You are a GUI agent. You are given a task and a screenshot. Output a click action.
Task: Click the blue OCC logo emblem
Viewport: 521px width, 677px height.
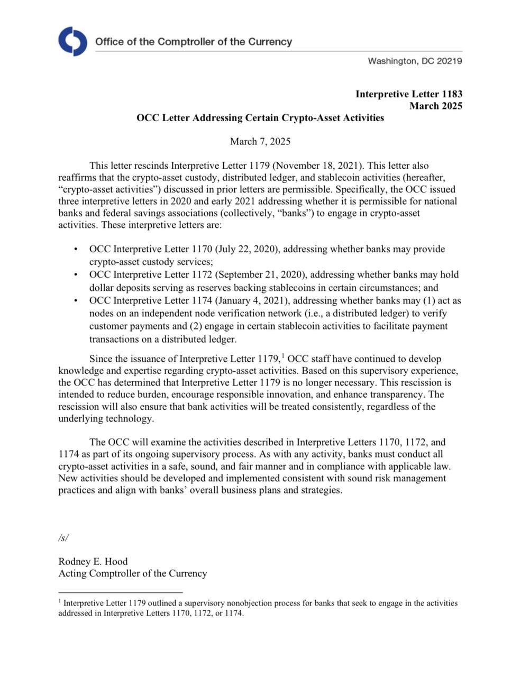72,41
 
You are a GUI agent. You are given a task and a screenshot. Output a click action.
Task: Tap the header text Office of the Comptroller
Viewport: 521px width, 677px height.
193,42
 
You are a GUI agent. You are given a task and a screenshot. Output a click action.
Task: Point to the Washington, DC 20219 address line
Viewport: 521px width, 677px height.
415,61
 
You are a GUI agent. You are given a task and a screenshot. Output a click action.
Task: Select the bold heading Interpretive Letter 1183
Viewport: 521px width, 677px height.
408,94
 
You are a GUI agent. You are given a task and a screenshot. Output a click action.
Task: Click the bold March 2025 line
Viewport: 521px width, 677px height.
435,106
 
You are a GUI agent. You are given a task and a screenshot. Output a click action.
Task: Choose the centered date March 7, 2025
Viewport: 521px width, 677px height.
260,141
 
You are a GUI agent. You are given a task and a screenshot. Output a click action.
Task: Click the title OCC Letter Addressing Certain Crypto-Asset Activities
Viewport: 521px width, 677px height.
260,117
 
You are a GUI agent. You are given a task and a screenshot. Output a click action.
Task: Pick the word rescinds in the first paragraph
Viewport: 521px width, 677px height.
150,166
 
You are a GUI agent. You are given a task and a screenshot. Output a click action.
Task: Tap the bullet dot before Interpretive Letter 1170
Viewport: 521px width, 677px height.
77,249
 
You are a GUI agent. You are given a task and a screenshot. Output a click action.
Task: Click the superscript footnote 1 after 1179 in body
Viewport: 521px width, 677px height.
284,355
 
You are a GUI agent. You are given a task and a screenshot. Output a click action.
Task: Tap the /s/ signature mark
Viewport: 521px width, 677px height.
63,538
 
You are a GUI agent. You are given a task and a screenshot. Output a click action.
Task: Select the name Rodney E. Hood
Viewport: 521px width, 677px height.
93,561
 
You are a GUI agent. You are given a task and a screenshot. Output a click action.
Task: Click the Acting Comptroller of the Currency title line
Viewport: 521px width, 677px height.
133,573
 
